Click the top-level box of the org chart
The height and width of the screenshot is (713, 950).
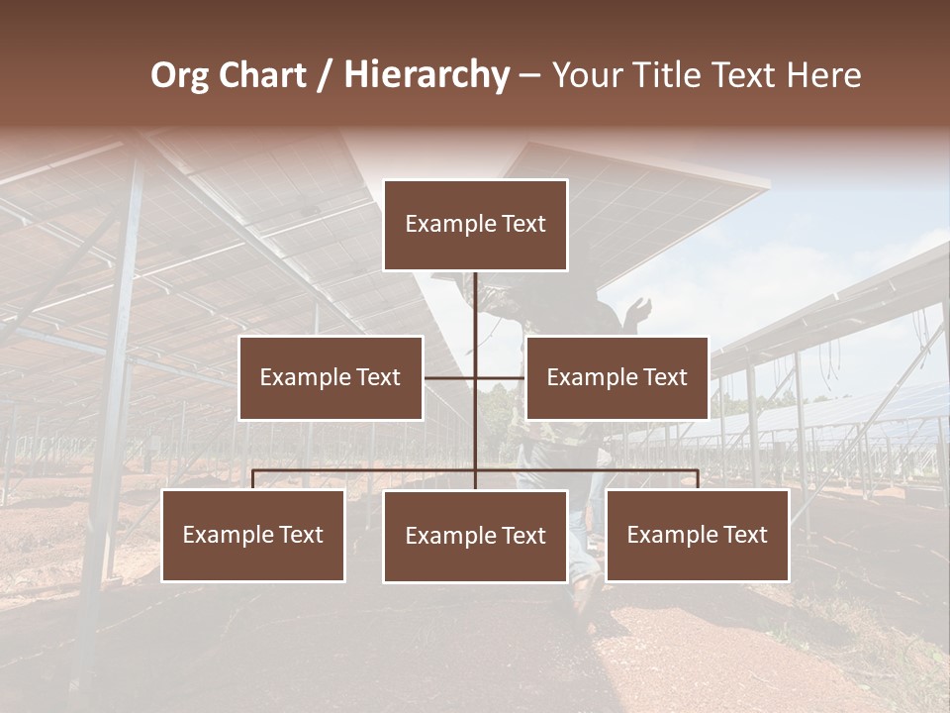[x=475, y=225]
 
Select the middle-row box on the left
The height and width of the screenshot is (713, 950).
[x=331, y=377]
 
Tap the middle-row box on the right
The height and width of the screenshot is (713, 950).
[x=617, y=377]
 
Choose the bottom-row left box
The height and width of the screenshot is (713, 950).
[x=253, y=535]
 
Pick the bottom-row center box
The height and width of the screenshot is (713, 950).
[x=475, y=536]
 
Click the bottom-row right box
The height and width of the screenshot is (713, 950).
[x=697, y=535]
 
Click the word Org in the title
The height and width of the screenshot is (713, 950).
[x=179, y=75]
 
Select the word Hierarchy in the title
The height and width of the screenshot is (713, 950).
[x=427, y=75]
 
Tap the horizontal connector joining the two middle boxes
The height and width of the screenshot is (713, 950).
[x=475, y=377]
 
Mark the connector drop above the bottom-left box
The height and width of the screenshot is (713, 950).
[x=253, y=479]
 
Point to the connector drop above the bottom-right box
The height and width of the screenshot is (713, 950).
[x=698, y=479]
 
